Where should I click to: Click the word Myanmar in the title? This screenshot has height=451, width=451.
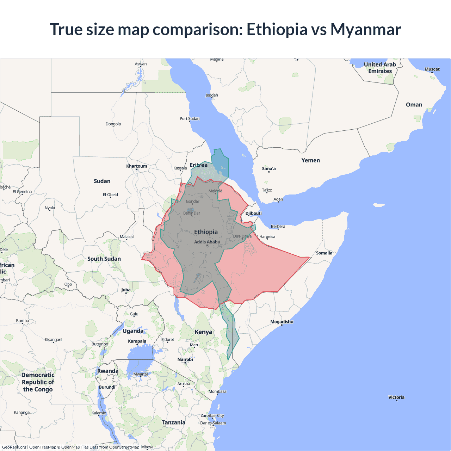tap(365, 30)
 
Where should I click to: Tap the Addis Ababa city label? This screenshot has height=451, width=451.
tap(207, 242)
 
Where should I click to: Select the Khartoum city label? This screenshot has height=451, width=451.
tap(137, 166)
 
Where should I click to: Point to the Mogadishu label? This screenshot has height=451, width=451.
tap(282, 322)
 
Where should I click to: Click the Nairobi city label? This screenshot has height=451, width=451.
tap(185, 359)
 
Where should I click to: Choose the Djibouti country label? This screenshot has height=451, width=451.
tap(253, 213)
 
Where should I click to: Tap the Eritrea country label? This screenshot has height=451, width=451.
tap(198, 165)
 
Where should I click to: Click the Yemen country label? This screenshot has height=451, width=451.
tap(310, 160)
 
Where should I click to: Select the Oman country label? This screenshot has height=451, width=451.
tap(414, 105)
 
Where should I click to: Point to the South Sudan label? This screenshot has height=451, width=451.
tap(104, 259)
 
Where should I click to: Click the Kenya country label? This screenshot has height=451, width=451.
tap(203, 332)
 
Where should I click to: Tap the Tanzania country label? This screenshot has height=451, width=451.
tap(173, 422)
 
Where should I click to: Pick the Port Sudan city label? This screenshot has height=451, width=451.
tap(190, 118)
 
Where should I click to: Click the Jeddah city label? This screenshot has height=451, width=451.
tap(212, 95)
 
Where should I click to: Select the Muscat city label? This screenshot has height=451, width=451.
tap(432, 69)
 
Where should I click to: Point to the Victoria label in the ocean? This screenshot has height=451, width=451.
tap(396, 397)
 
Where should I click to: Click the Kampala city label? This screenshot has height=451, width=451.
tap(137, 341)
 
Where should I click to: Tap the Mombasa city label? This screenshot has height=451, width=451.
tap(217, 391)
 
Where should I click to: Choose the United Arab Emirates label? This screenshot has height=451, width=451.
tap(380, 68)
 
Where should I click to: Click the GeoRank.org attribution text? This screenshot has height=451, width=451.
tap(14, 447)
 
